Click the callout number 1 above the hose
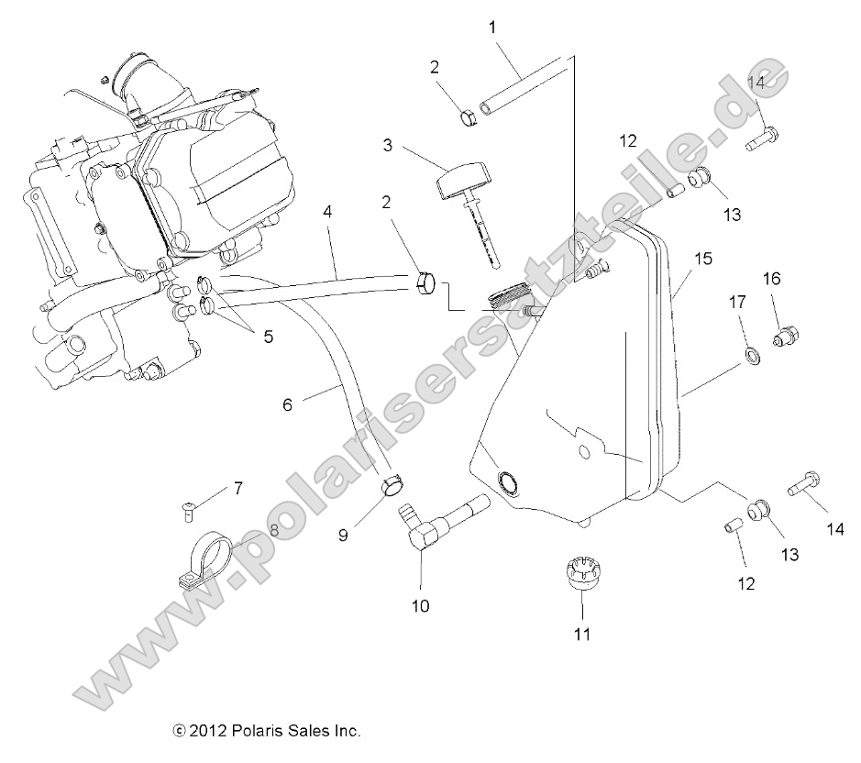492,28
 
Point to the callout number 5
268,337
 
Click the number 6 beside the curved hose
287,404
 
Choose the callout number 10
420,606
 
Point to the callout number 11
582,634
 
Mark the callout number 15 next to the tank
702,260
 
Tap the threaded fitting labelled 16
784,337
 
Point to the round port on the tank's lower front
506,481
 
